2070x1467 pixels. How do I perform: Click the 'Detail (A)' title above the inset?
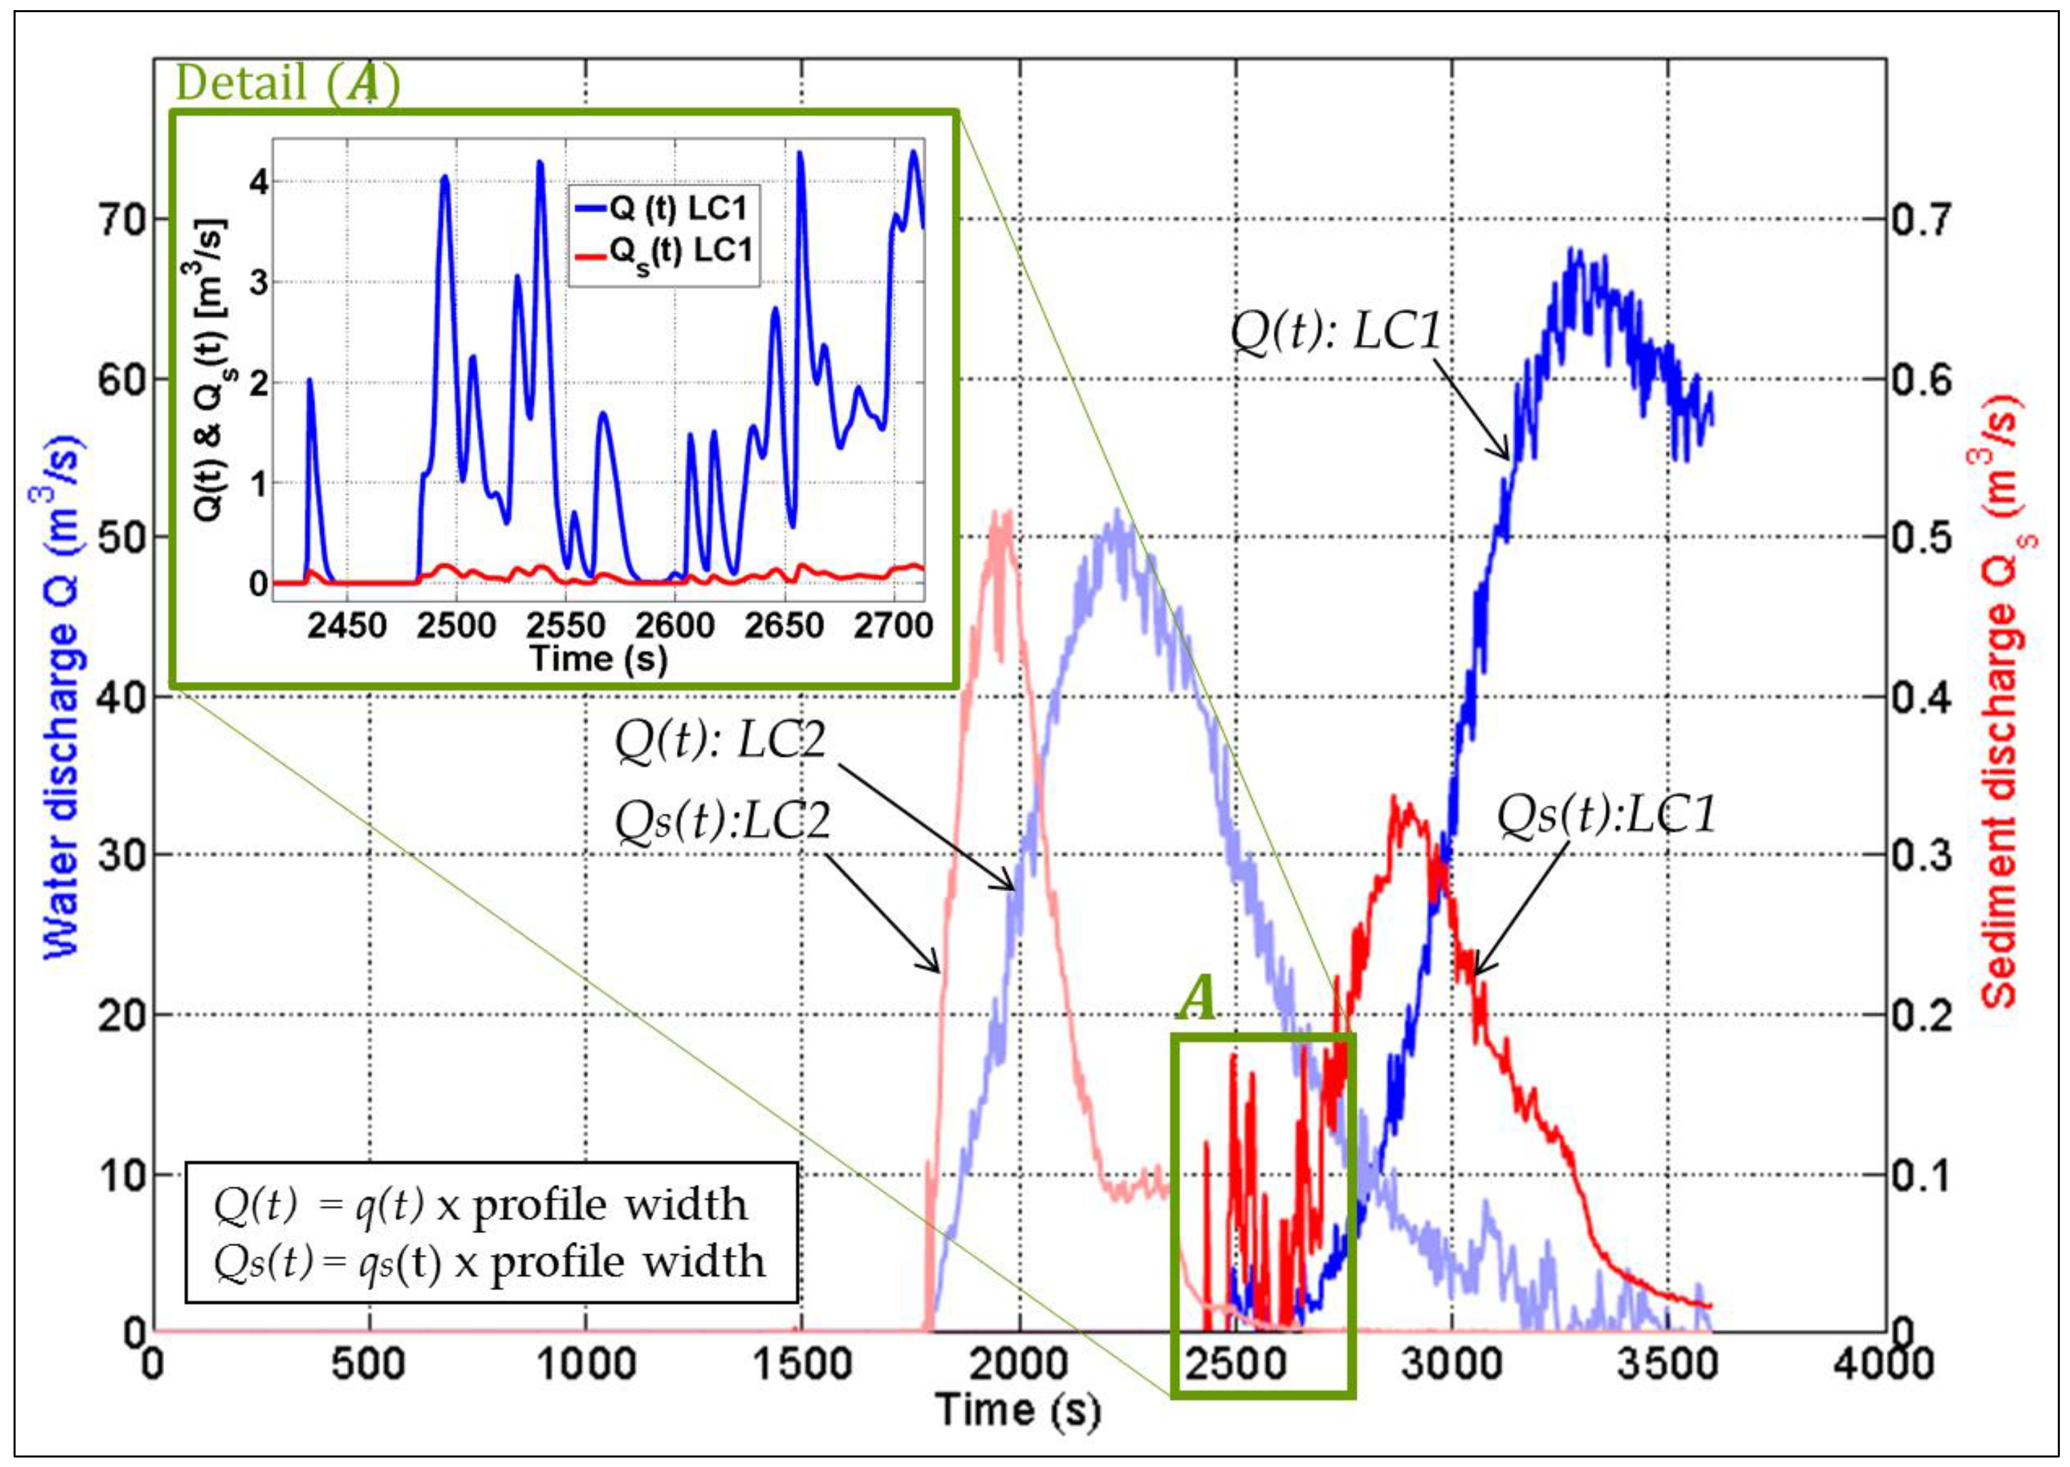coord(287,84)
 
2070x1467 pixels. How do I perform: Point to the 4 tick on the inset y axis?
coord(260,182)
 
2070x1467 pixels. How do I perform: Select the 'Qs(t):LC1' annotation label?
coord(1606,814)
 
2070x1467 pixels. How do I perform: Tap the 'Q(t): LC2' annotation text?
coord(720,741)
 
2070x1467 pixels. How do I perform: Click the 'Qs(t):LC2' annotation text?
coord(722,821)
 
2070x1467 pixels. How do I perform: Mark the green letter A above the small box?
coord(1197,1000)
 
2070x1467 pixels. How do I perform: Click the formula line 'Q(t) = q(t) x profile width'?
coord(480,1204)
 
